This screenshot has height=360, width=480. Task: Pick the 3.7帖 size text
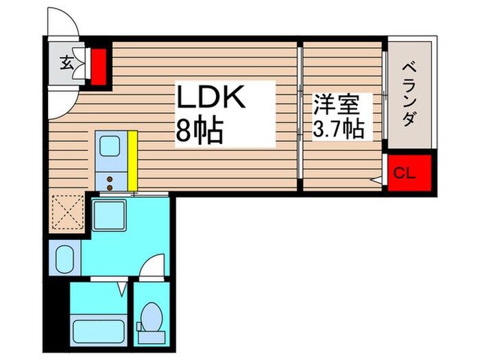[339, 128]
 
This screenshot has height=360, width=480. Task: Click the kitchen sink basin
[110, 147]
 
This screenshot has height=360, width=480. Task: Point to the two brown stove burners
[109, 180]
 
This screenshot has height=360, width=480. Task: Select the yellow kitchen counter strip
[132, 160]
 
